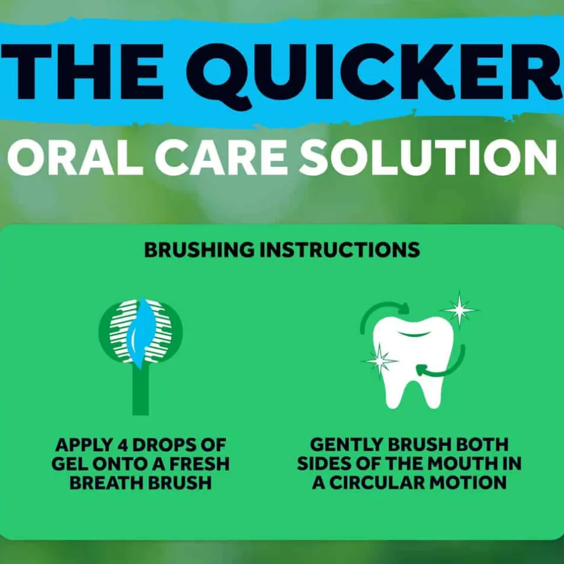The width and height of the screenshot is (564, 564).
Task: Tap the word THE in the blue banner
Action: point(82,71)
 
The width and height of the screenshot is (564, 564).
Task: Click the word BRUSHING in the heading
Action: point(199,250)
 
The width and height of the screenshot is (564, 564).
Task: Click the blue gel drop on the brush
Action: point(142,333)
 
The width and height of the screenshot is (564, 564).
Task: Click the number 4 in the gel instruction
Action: point(123,445)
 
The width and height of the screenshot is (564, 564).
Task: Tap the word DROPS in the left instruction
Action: point(163,445)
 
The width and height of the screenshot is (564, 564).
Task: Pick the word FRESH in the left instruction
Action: point(199,464)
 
